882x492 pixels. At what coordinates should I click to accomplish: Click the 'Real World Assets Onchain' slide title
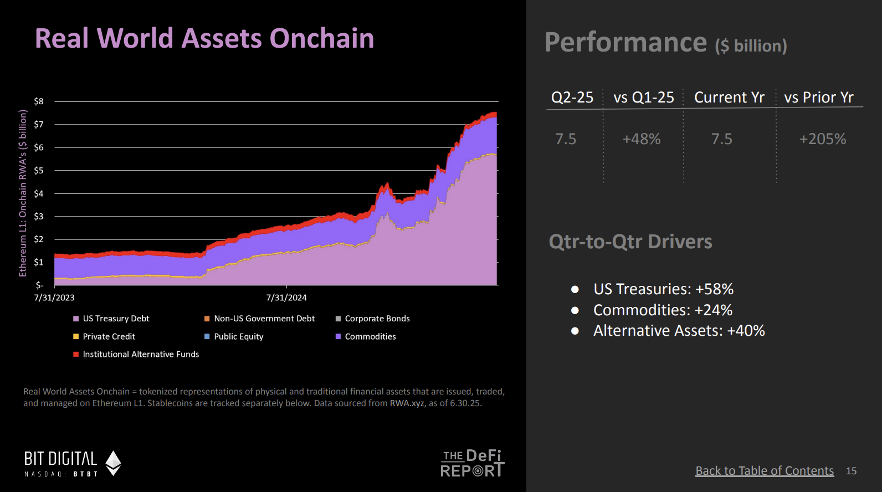tap(204, 39)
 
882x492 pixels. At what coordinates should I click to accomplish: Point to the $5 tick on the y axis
tap(39, 171)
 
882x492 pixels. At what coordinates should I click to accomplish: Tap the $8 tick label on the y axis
tap(39, 101)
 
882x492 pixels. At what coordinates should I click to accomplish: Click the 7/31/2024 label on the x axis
tap(286, 298)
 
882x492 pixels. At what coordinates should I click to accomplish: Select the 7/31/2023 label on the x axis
tap(54, 298)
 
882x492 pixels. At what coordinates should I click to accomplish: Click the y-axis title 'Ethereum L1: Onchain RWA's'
tap(23, 193)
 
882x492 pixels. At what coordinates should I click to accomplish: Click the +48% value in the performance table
tap(642, 139)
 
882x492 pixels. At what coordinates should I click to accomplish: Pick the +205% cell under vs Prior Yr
tap(822, 139)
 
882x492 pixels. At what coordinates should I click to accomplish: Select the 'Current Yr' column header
tap(729, 98)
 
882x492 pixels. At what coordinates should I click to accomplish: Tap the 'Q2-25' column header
tap(572, 98)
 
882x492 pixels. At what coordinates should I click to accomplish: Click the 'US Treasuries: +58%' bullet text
tap(663, 289)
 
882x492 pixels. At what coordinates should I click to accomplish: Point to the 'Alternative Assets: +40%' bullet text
tap(679, 331)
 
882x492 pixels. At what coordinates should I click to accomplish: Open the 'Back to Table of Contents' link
tap(765, 471)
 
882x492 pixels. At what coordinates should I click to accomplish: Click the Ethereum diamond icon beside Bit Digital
tap(113, 463)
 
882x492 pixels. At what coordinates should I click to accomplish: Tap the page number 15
tap(851, 471)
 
